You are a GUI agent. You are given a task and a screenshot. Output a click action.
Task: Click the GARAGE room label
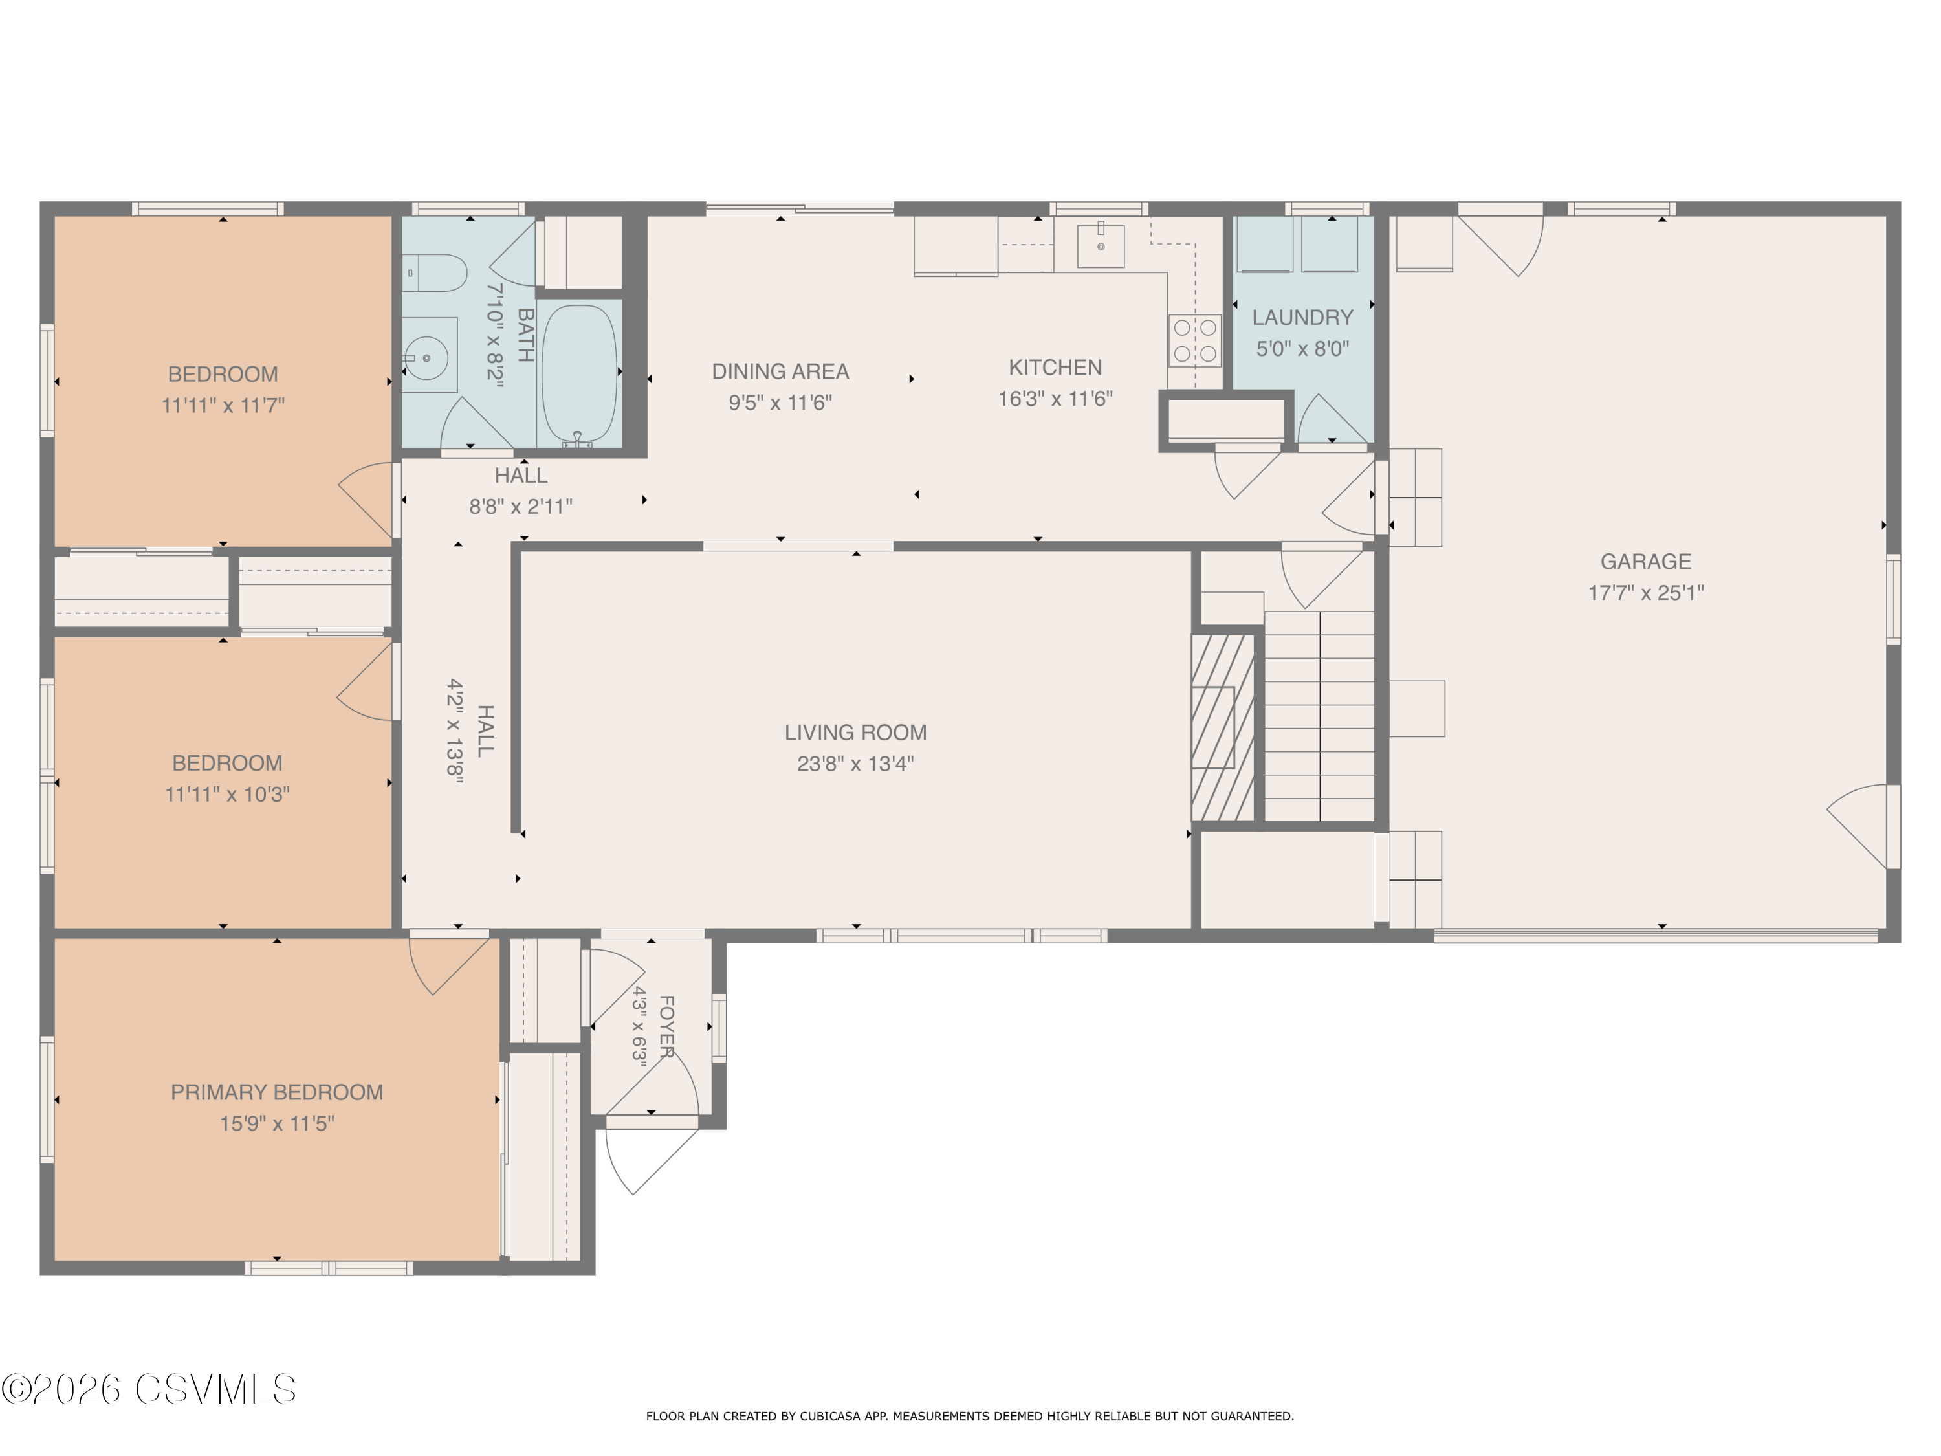[1645, 562]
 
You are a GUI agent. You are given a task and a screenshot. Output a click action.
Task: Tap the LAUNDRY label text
[1302, 318]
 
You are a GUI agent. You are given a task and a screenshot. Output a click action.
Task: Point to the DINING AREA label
[780, 372]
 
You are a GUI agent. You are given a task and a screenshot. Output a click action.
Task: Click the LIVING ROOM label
[855, 733]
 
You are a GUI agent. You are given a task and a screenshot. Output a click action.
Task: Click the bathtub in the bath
[579, 375]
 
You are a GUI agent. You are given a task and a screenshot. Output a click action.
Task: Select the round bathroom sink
[428, 357]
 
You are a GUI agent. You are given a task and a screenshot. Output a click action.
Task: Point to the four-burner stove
[1195, 340]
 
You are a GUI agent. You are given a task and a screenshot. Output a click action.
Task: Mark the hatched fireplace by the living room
[1222, 727]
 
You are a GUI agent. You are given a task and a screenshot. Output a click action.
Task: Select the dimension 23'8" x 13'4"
[855, 764]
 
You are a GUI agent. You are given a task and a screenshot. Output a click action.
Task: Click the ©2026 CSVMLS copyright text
[149, 1389]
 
